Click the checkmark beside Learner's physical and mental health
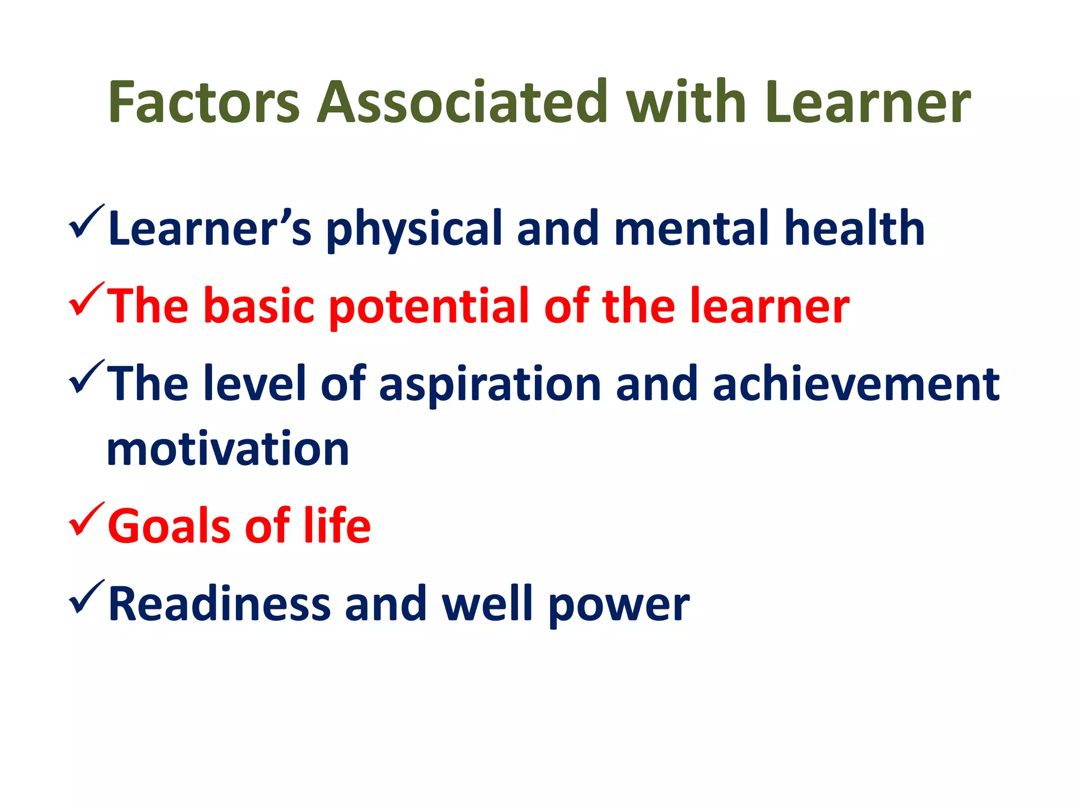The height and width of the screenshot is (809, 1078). pyautogui.click(x=86, y=223)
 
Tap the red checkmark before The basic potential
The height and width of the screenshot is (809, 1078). pyautogui.click(x=86, y=300)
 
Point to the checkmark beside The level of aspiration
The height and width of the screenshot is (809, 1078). pyautogui.click(x=86, y=378)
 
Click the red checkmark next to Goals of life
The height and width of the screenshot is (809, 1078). pyautogui.click(x=86, y=520)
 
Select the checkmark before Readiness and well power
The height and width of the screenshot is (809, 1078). pyautogui.click(x=86, y=598)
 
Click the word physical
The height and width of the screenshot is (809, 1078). pyautogui.click(x=413, y=229)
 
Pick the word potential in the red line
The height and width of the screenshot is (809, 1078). pyautogui.click(x=428, y=307)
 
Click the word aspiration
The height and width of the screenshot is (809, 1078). pyautogui.click(x=490, y=384)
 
